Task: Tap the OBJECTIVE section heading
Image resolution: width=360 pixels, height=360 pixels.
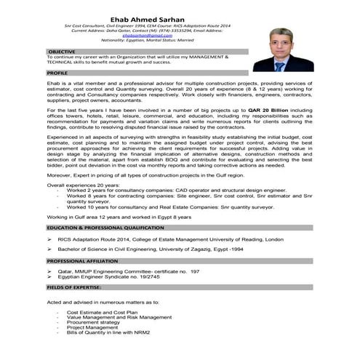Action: point(62,52)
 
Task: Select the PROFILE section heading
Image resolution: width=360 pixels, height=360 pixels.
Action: point(57,74)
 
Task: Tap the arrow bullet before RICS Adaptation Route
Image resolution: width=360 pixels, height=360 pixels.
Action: point(49,238)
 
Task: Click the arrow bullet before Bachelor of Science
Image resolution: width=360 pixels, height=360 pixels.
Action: point(49,248)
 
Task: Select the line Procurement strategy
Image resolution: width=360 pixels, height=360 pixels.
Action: point(92,322)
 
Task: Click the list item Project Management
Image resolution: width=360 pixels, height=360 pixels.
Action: point(92,327)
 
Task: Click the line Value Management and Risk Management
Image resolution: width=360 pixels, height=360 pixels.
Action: point(119,317)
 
